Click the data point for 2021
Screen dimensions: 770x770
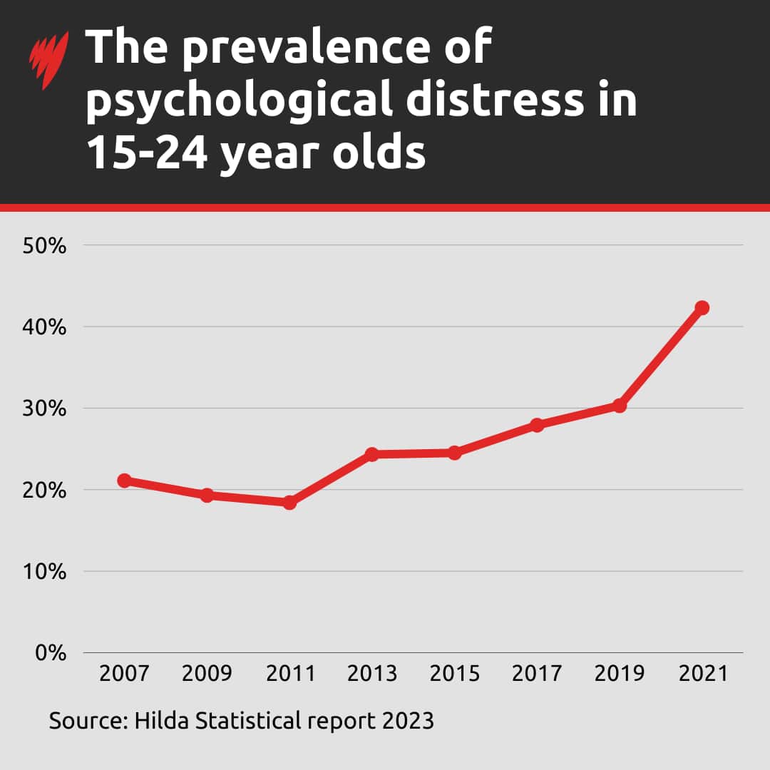coord(702,308)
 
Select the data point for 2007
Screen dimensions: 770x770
coord(124,481)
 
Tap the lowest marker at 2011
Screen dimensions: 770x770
coord(289,503)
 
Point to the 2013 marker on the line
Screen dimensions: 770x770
coord(371,454)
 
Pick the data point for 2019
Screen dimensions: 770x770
coord(620,406)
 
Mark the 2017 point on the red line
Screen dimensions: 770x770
coord(537,425)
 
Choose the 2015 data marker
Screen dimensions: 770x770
coord(454,453)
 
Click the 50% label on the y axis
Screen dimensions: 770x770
coord(44,246)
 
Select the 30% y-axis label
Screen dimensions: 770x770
coord(44,409)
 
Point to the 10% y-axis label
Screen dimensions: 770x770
coord(44,572)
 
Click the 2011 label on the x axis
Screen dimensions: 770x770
coord(289,674)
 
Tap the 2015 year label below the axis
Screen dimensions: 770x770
coord(454,674)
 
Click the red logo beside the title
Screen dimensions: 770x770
coord(48,60)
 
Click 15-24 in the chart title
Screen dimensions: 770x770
coord(146,153)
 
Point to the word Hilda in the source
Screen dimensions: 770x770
coord(159,721)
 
